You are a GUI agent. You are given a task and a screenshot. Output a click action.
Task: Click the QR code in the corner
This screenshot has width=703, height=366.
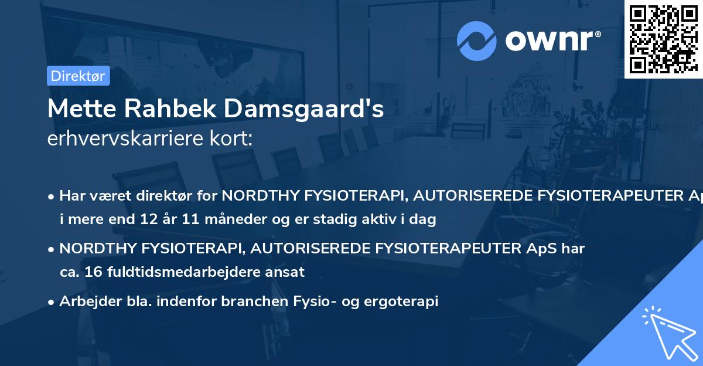tap(663, 39)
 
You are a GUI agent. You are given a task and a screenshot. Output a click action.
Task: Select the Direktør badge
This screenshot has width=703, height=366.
tap(78, 76)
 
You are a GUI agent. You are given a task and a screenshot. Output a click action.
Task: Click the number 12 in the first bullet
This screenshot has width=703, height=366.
tap(146, 220)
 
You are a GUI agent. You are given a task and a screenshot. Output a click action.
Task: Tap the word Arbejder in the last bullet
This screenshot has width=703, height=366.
tap(86, 301)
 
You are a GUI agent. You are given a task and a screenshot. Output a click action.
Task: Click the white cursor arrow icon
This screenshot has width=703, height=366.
tap(667, 332)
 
